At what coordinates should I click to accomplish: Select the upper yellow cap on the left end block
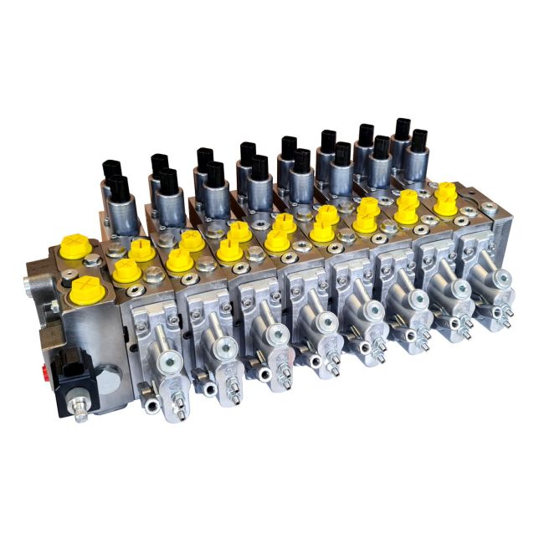pos(76,247)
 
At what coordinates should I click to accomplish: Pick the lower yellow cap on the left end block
pos(86,290)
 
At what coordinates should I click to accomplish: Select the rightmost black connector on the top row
pos(418,139)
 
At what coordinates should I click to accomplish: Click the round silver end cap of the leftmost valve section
pos(168,362)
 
